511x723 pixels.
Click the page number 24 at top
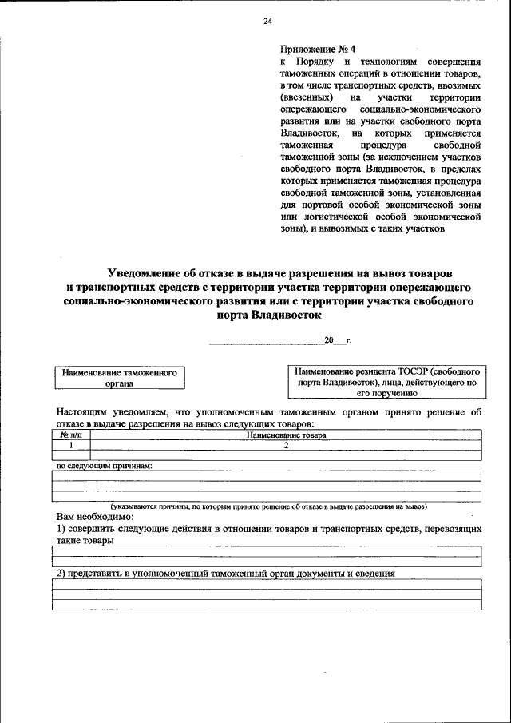tap(268, 22)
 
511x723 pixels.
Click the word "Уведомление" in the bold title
tap(148, 273)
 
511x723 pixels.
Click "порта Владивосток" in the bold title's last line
tap(263, 315)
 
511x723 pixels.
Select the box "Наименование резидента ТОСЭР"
tap(386, 383)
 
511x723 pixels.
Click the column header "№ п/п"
tap(71, 435)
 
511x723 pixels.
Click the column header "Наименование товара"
tap(287, 435)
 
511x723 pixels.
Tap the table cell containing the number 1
tap(71, 445)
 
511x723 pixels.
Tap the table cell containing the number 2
tap(285, 445)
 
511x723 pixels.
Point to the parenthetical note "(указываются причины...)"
tap(269, 506)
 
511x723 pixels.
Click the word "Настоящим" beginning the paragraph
tap(83, 412)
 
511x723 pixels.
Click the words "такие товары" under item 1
tap(85, 541)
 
